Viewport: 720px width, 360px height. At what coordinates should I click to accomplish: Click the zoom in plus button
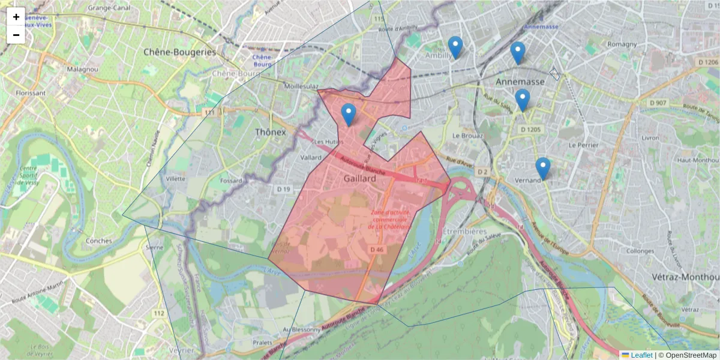(16, 17)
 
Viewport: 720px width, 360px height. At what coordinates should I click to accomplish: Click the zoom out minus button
(16, 35)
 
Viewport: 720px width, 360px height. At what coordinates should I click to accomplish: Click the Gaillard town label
(360, 179)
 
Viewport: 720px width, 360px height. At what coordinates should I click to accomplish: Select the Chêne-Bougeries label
(179, 52)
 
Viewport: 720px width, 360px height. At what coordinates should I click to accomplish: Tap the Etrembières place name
(464, 230)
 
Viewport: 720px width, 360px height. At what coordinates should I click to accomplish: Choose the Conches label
(99, 241)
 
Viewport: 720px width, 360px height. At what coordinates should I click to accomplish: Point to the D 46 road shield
(376, 250)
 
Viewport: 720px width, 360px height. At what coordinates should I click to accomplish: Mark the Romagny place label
(622, 44)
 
